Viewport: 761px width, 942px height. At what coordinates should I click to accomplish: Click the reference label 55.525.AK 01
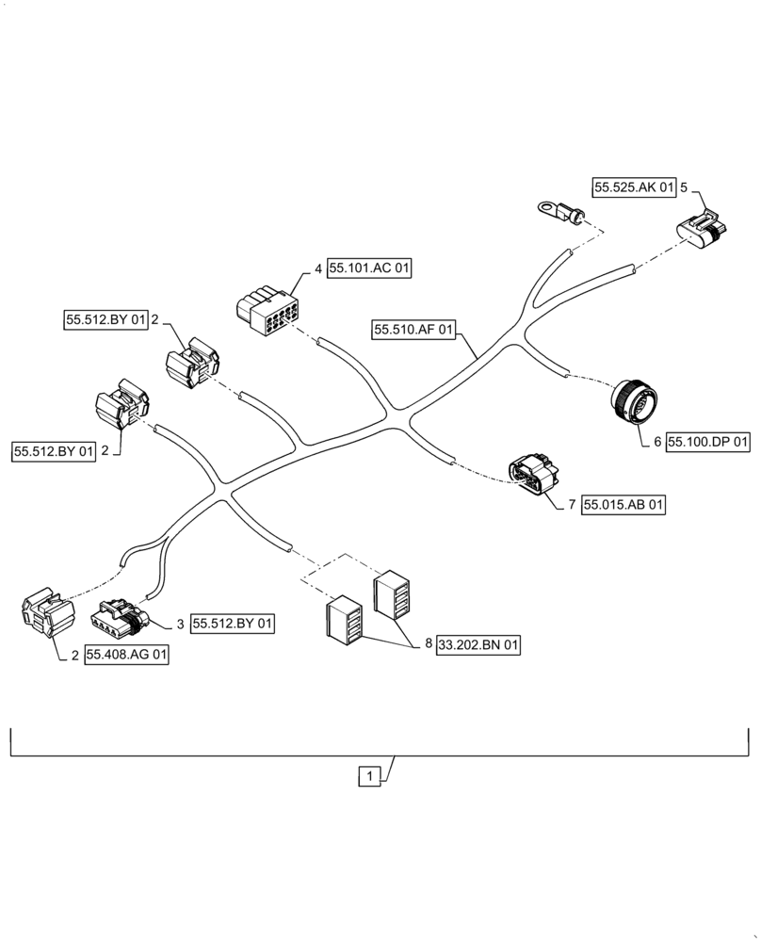click(x=634, y=187)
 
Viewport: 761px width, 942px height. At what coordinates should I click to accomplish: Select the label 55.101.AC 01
click(x=370, y=269)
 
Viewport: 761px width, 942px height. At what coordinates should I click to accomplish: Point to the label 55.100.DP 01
click(x=708, y=441)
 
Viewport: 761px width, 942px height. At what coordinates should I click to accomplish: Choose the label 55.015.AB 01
click(x=623, y=506)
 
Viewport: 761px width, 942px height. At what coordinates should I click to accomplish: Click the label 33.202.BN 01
click(x=478, y=645)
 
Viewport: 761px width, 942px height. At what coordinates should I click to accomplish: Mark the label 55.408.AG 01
click(x=126, y=655)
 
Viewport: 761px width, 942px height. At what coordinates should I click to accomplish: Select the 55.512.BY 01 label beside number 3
click(x=233, y=624)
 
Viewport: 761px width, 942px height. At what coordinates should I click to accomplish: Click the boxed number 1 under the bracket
click(x=371, y=777)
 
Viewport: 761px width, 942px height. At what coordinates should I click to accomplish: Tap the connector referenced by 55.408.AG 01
click(x=47, y=614)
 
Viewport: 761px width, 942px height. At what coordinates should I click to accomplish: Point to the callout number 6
click(x=657, y=441)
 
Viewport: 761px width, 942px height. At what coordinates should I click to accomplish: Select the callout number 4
click(x=318, y=269)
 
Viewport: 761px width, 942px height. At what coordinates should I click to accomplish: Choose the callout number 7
click(x=572, y=506)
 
